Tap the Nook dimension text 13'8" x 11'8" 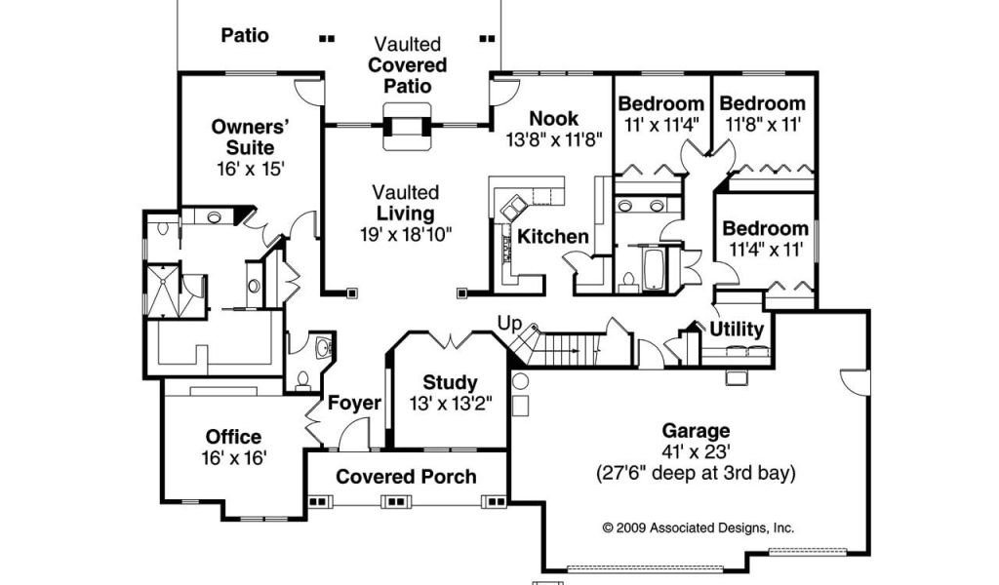click(554, 139)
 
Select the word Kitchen click(552, 237)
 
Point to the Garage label click(696, 431)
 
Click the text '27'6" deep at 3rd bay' click(696, 474)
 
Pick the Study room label click(450, 382)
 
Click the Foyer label click(354, 403)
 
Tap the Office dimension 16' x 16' click(233, 458)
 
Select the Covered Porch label click(406, 477)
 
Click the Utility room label click(737, 330)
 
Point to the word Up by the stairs click(509, 325)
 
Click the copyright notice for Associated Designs click(699, 527)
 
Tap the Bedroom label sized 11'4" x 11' click(765, 228)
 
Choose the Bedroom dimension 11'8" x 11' click(763, 124)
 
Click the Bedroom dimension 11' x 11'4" click(661, 124)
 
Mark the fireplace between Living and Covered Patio click(408, 127)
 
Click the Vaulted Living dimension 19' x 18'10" click(406, 235)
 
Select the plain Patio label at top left click(245, 36)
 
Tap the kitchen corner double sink click(513, 208)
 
